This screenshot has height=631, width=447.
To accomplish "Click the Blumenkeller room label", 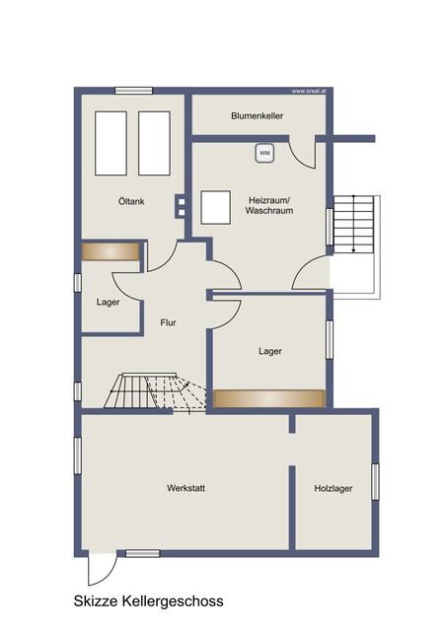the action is pyautogui.click(x=257, y=116).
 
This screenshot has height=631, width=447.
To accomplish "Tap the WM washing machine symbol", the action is pyautogui.click(x=264, y=153).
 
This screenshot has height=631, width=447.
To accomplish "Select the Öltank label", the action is pyautogui.click(x=131, y=201).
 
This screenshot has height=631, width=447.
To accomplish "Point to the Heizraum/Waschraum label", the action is pyautogui.click(x=269, y=205).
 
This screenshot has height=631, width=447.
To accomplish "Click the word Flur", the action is pyautogui.click(x=168, y=322).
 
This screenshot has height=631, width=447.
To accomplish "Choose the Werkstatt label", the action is pyautogui.click(x=186, y=488).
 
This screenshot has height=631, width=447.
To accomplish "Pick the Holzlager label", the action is pyautogui.click(x=334, y=489).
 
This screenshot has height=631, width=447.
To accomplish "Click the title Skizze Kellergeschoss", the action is pyautogui.click(x=148, y=601).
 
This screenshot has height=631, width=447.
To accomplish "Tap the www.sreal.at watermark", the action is pyautogui.click(x=309, y=92).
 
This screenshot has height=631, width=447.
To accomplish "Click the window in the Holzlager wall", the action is pyautogui.click(x=375, y=482).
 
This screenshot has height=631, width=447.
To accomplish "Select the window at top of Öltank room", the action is pyautogui.click(x=133, y=91).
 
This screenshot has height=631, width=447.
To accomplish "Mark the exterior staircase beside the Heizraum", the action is pyautogui.click(x=353, y=224).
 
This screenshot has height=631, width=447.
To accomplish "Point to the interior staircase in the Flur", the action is pyautogui.click(x=155, y=391).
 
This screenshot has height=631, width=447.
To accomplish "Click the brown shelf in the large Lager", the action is pyautogui.click(x=269, y=398).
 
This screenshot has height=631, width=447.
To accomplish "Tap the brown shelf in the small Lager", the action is pyautogui.click(x=111, y=251).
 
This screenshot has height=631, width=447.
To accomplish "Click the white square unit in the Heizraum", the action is pyautogui.click(x=216, y=208).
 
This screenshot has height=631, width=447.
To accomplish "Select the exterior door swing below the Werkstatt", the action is pyautogui.click(x=103, y=570).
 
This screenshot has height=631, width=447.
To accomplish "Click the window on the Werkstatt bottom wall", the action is pyautogui.click(x=142, y=554).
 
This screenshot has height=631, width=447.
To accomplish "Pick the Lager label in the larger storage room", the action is pyautogui.click(x=270, y=351).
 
